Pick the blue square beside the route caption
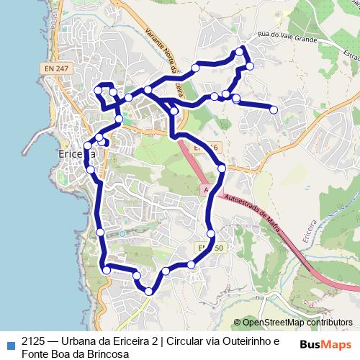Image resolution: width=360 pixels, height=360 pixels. click(x=9, y=342)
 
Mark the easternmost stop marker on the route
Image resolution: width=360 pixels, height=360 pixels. click(x=274, y=109)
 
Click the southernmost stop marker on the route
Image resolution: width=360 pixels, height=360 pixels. click(x=148, y=291)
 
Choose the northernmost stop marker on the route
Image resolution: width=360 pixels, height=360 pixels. click(x=240, y=53)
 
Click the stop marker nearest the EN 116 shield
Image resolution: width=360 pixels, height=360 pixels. click(x=221, y=168)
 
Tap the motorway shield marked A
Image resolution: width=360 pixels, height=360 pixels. click(x=206, y=189)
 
